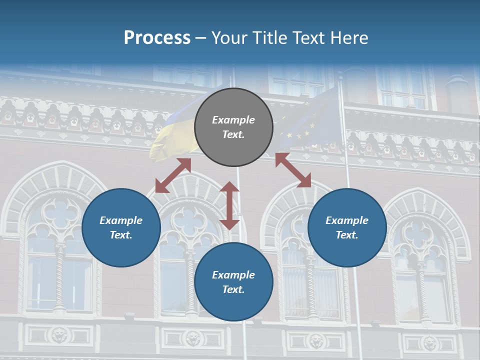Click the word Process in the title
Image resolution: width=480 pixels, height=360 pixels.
157,38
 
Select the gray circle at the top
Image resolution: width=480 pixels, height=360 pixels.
233,127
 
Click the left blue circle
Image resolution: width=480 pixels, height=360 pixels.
121,228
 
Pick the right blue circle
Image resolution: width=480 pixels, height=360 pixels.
347,228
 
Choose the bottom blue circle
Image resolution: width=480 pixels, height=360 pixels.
233,282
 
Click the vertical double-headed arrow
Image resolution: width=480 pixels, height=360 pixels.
229,205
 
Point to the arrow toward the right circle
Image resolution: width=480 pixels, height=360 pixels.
293,170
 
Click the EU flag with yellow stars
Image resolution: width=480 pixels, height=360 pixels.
310,120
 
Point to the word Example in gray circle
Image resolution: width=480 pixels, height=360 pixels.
233,120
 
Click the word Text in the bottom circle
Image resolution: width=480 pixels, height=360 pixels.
233,289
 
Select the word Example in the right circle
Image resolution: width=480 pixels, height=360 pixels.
347,220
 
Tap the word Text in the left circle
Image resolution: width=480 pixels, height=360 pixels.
121,235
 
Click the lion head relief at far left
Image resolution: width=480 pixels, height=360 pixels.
60,335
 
